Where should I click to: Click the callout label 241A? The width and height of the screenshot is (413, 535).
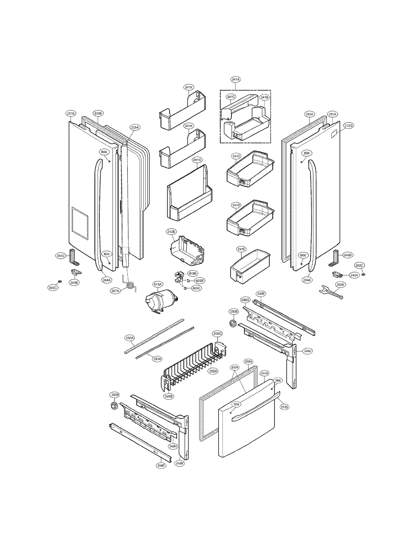coord(235,80)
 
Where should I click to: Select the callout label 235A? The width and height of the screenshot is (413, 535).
coord(135,127)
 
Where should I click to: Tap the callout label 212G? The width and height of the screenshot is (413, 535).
coord(348,126)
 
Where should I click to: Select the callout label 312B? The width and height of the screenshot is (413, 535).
coord(171,232)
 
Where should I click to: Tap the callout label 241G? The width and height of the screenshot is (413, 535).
coord(197,160)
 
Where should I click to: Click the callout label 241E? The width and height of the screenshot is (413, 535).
coord(241,249)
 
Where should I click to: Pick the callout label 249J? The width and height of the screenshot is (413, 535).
coord(307,351)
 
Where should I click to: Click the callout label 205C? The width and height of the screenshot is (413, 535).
coord(217,334)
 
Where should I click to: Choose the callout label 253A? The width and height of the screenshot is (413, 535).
coord(157,359)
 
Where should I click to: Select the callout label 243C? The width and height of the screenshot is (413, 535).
coord(61,256)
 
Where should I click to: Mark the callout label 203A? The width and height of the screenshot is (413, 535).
coord(248,362)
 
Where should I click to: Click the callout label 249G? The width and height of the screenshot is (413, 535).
coord(245,300)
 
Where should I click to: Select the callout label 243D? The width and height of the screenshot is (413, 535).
coord(348,255)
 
